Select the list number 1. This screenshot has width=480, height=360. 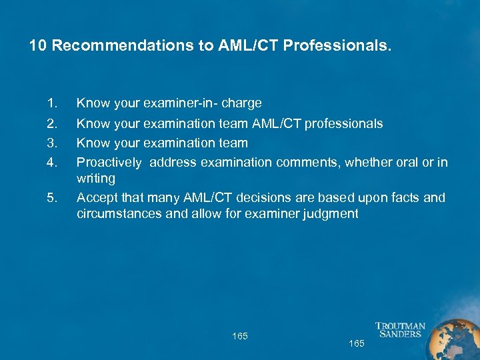click(53, 103)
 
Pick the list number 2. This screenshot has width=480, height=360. click(53, 123)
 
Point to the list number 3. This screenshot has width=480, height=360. click(53, 143)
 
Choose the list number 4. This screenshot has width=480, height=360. click(53, 162)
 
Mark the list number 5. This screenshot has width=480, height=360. click(53, 197)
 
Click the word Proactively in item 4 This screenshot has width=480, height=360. click(109, 162)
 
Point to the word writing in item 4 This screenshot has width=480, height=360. click(96, 179)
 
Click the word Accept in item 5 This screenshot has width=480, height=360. click(95, 197)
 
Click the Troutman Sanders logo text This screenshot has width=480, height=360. click(400, 330)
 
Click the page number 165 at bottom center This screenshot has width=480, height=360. click(240, 336)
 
